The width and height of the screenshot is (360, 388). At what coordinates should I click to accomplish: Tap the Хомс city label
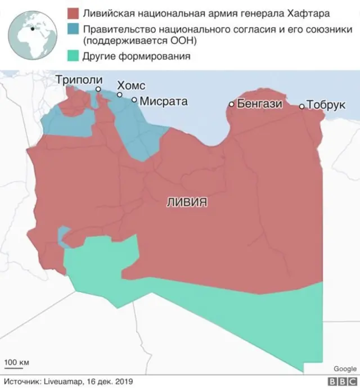pyautogui.click(x=130, y=85)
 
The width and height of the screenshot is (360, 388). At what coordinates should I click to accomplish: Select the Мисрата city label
pyautogui.click(x=163, y=102)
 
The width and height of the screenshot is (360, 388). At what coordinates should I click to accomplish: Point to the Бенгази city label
pyautogui.click(x=259, y=103)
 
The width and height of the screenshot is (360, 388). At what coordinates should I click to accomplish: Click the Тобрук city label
pyautogui.click(x=326, y=105)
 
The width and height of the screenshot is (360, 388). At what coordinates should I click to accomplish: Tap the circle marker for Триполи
pyautogui.click(x=98, y=89)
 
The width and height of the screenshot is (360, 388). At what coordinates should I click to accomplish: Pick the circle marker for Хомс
pyautogui.click(x=119, y=94)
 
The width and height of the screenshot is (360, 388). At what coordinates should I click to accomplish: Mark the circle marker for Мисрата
pyautogui.click(x=134, y=100)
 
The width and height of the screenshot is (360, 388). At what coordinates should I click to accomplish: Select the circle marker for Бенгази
pyautogui.click(x=231, y=104)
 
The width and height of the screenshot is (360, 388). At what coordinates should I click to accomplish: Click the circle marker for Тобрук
pyautogui.click(x=301, y=106)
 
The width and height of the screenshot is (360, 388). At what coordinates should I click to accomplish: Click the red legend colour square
pyautogui.click(x=72, y=12)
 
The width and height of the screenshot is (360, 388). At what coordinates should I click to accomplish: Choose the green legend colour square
pyautogui.click(x=72, y=56)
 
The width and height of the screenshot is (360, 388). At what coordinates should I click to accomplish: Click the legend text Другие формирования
pyautogui.click(x=136, y=56)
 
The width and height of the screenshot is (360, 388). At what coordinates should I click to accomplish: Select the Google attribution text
pyautogui.click(x=344, y=369)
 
